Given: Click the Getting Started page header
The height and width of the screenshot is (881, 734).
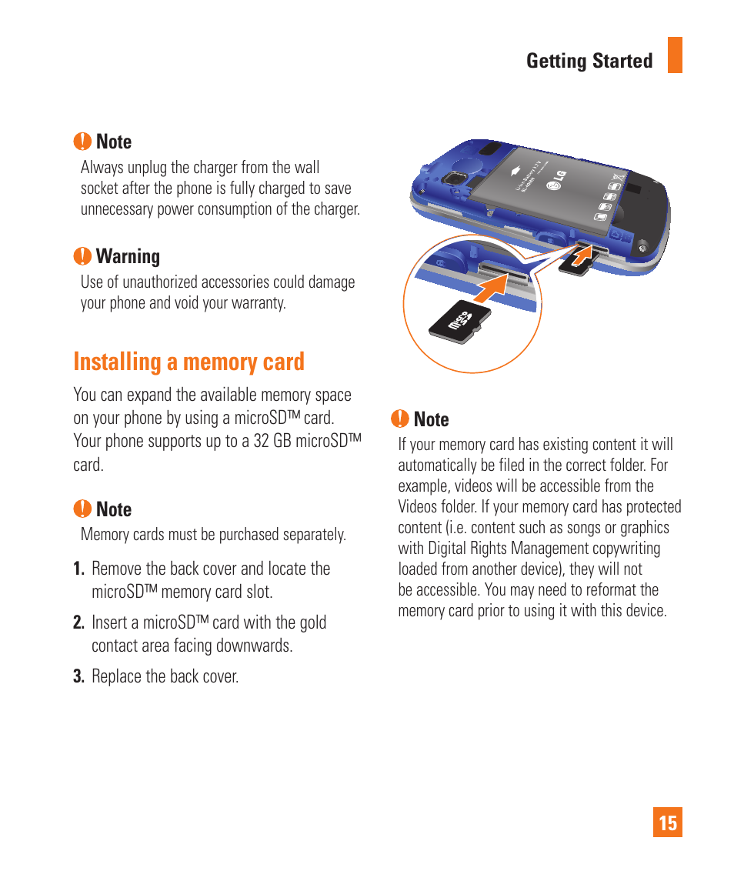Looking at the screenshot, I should [x=589, y=61].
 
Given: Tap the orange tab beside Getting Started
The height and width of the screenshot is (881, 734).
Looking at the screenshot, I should [x=675, y=55].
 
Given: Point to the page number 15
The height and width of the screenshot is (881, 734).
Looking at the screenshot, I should [x=668, y=823].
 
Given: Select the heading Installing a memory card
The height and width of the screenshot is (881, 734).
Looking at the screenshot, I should [x=189, y=362].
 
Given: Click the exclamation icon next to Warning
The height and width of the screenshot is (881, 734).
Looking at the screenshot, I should [x=82, y=256].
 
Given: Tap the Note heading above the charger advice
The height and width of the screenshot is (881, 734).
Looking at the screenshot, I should [x=113, y=142].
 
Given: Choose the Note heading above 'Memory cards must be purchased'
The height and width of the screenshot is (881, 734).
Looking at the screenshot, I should [x=113, y=509].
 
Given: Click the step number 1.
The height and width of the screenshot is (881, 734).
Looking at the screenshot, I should [x=78, y=569].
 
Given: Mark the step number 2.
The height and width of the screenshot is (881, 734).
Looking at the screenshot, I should [x=78, y=623].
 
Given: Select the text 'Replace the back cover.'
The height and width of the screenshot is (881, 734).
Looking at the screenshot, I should [x=165, y=677].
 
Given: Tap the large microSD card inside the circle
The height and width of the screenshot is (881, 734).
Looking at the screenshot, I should [x=459, y=321].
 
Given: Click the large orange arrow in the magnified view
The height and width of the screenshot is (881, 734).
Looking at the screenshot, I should [x=490, y=289].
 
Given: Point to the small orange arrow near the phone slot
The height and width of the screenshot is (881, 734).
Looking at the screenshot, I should [x=586, y=253].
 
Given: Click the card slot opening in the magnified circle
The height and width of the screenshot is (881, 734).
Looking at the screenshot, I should [x=504, y=269].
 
